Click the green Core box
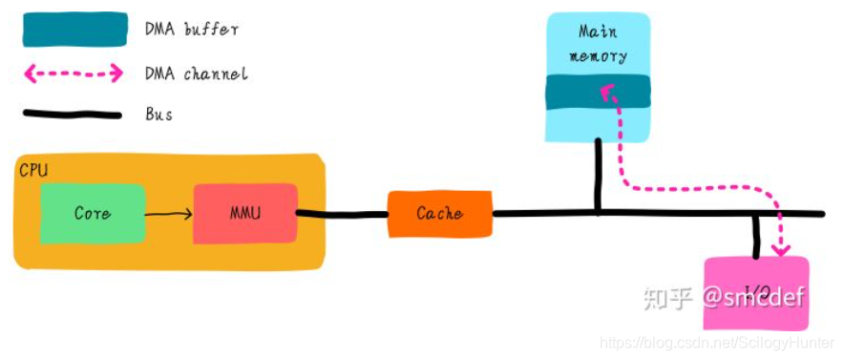[x=93, y=214]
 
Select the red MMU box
[x=244, y=214]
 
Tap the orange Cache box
[x=439, y=214]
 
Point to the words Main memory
[x=598, y=44]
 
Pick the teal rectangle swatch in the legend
[x=74, y=30]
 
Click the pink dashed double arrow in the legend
[x=74, y=73]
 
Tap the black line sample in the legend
[x=74, y=115]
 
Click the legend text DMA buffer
[x=191, y=30]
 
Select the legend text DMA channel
[x=196, y=73]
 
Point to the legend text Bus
[x=158, y=115]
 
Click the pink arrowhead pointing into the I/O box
[x=782, y=250]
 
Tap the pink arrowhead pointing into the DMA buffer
[x=604, y=89]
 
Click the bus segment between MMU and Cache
[x=342, y=214]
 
